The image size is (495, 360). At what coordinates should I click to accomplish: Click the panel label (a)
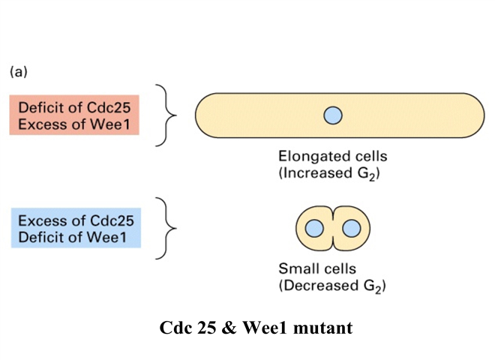click(x=19, y=72)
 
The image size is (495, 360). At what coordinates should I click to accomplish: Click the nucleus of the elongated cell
click(x=333, y=115)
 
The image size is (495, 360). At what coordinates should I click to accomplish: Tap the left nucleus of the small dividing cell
click(x=314, y=228)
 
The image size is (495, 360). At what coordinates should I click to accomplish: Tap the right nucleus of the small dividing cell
click(x=351, y=228)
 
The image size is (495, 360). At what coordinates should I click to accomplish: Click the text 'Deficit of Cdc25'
click(x=74, y=108)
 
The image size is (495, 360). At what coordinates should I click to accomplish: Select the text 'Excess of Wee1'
click(x=74, y=124)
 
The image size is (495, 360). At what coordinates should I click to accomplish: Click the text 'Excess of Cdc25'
click(x=76, y=220)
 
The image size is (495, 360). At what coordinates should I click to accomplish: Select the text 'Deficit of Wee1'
click(x=72, y=237)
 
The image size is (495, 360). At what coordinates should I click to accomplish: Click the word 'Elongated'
click(x=311, y=157)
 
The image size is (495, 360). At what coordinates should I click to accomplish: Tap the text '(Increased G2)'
click(x=329, y=174)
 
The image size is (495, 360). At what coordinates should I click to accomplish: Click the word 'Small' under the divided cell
click(x=296, y=268)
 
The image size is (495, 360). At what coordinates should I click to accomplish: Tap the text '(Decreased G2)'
click(x=332, y=286)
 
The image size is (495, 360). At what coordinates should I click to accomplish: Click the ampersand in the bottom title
click(x=229, y=328)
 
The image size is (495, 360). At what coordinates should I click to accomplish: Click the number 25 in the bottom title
click(x=207, y=328)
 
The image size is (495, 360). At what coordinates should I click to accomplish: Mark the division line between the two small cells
click(x=333, y=228)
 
